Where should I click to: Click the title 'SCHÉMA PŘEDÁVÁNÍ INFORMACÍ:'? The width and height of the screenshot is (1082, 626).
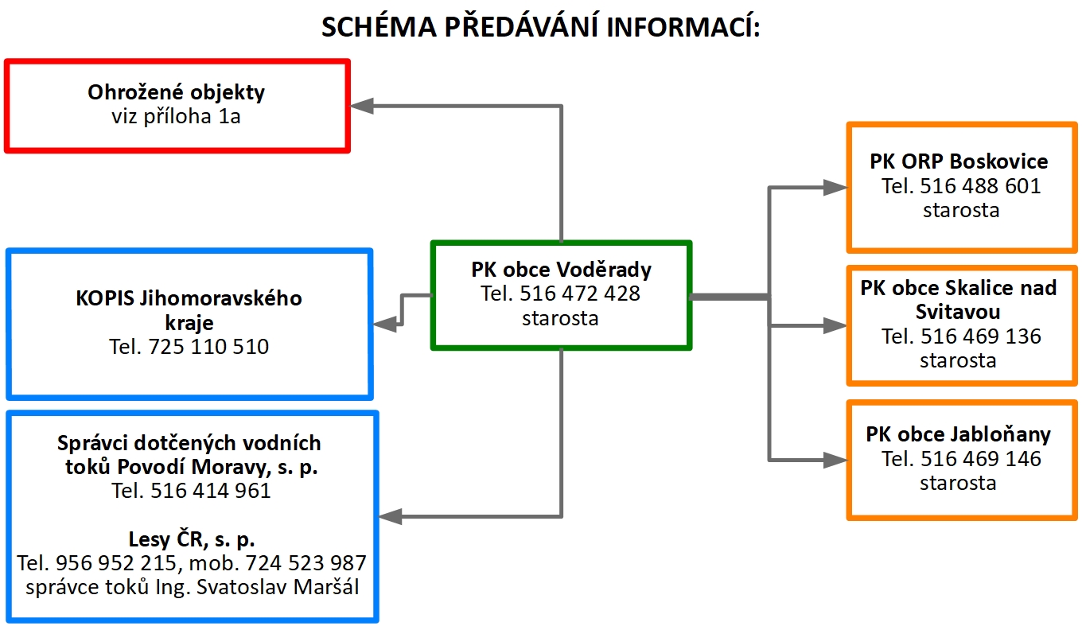(541, 27)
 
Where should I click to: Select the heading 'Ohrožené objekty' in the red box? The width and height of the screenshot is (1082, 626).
(177, 92)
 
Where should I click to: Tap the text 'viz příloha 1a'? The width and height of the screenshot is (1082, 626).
(176, 117)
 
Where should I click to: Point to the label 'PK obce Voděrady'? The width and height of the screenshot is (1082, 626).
(562, 270)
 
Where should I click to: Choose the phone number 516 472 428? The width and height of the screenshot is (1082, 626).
(580, 294)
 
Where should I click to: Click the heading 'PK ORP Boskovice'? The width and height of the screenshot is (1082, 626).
(959, 161)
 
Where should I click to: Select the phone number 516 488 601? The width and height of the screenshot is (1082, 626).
(980, 186)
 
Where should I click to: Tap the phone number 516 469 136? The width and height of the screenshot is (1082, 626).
(981, 336)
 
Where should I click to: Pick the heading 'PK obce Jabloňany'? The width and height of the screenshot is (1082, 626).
(959, 434)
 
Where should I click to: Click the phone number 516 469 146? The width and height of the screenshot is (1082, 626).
(981, 459)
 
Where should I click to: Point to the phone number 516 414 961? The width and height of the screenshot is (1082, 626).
(211, 491)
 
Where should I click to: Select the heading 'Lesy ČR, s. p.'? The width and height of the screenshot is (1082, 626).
(192, 539)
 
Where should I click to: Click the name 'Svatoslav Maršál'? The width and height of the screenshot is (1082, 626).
(278, 587)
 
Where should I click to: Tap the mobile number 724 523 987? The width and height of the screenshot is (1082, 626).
(306, 563)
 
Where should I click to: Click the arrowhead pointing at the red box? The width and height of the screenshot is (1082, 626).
(361, 106)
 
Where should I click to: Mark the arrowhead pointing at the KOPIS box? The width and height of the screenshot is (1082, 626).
(385, 325)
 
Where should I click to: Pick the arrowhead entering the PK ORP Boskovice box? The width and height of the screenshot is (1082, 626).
(835, 188)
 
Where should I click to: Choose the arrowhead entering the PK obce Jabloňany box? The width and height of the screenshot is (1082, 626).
(835, 460)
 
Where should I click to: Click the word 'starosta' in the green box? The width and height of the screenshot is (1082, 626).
(560, 318)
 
